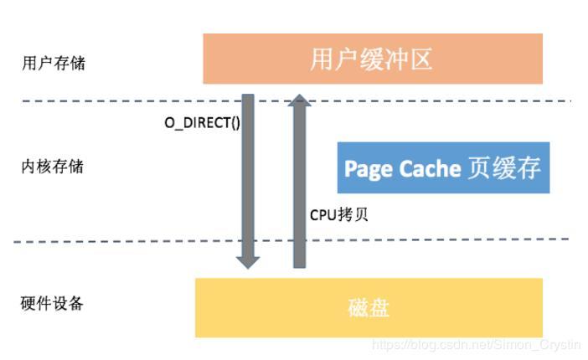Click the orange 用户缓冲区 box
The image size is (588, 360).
pyautogui.click(x=373, y=59)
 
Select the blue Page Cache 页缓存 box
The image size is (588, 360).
pyautogui.click(x=443, y=167)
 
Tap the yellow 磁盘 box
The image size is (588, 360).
pyautogui.click(x=369, y=307)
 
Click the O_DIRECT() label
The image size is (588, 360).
pyautogui.click(x=202, y=122)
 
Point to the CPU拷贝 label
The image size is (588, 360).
pyautogui.click(x=339, y=214)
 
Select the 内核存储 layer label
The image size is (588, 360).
pyautogui.click(x=52, y=166)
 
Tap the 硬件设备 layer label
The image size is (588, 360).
pyautogui.click(x=52, y=303)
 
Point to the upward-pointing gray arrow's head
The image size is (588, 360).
pyautogui.click(x=300, y=102)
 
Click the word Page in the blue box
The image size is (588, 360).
pyautogui.click(x=368, y=168)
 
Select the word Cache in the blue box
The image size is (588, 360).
pyautogui.click(x=428, y=168)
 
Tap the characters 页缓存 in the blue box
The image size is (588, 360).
pyautogui.click(x=503, y=168)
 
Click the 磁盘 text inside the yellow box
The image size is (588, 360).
pyautogui.click(x=369, y=308)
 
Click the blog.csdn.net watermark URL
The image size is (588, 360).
pyautogui.click(x=474, y=344)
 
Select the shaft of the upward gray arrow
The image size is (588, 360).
pyautogui.click(x=300, y=184)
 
